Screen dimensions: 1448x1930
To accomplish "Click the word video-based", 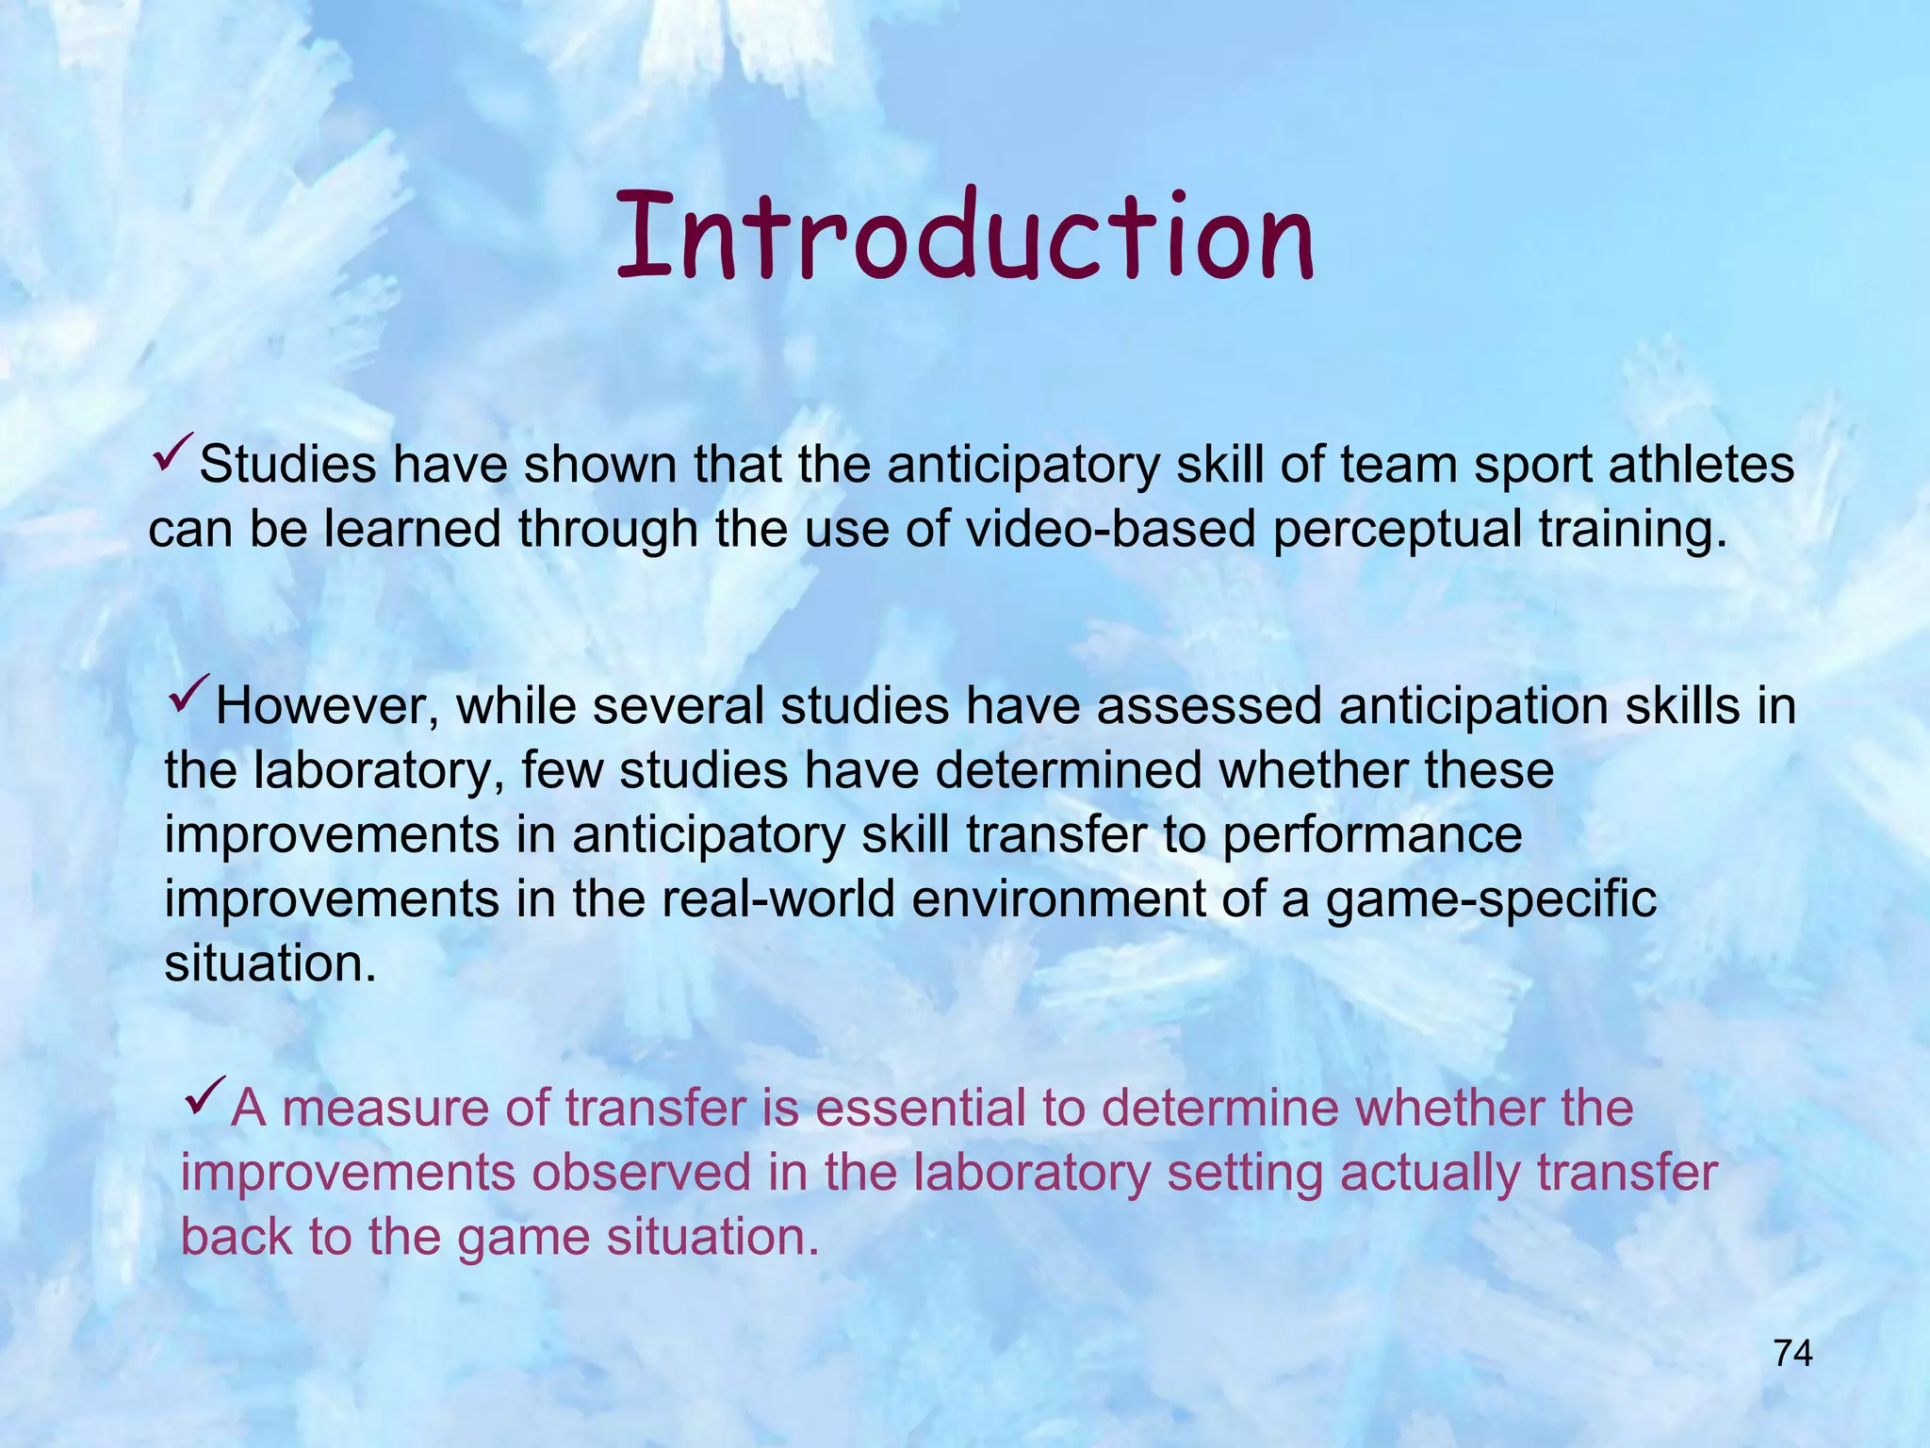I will (1111, 529).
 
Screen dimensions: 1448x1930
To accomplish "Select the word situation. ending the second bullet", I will (270, 963).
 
